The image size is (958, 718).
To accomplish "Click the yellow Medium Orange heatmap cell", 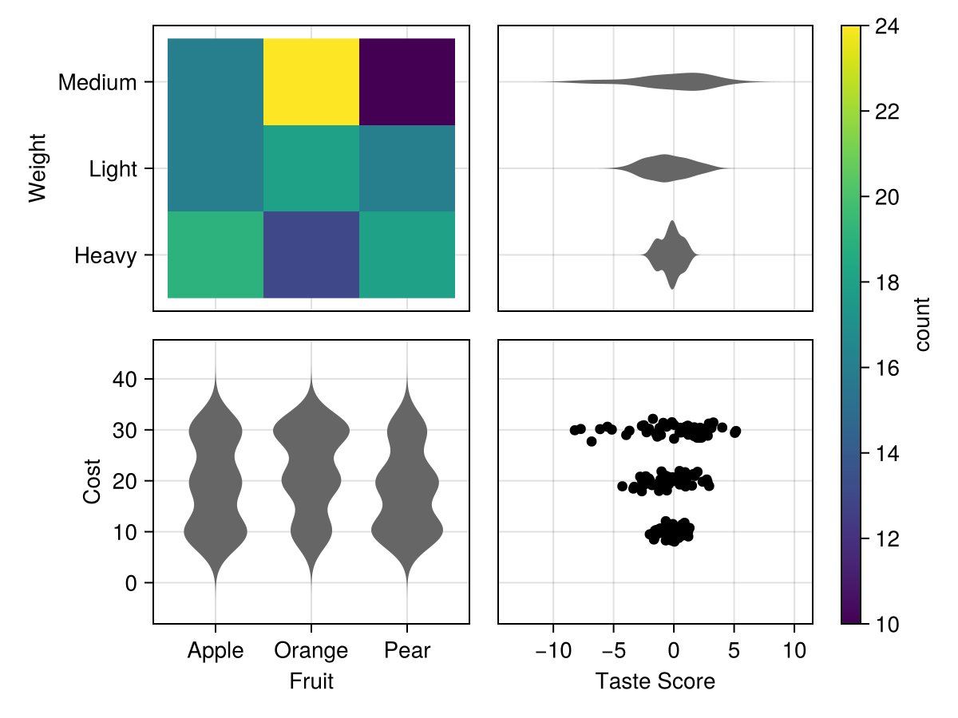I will tap(311, 81).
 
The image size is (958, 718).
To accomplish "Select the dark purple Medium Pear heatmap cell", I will tap(407, 81).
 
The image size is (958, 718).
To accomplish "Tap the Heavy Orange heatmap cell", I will tap(311, 254).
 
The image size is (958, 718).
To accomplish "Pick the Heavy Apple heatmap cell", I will tap(216, 254).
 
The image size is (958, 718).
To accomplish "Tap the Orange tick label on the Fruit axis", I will tap(311, 651).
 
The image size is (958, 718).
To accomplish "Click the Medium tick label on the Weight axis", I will tap(97, 82).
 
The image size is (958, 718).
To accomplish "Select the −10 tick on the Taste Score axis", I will tap(553, 651).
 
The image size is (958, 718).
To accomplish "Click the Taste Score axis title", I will tap(655, 681).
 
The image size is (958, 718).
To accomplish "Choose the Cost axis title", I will tap(93, 481).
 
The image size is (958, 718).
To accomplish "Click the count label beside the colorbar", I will tap(923, 324).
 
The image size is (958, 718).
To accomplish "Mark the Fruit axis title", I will tap(311, 681).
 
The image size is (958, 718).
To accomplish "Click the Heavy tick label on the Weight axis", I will tap(105, 256).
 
